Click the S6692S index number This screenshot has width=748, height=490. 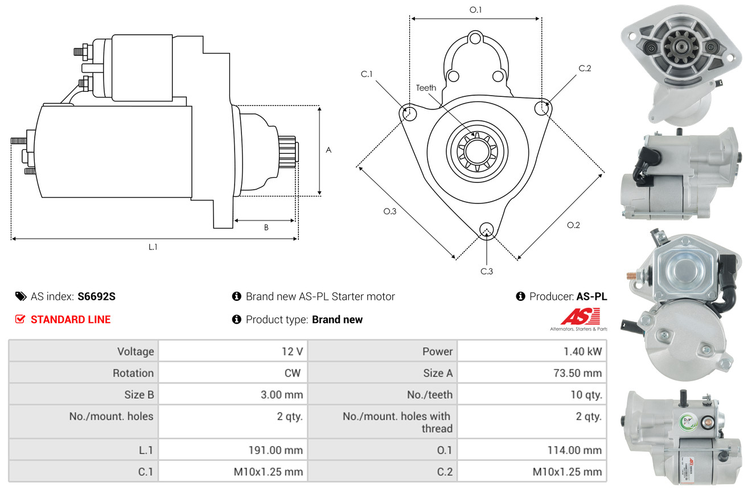coord(96,296)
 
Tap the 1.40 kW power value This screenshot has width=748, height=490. coord(583,352)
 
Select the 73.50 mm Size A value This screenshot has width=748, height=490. coord(578,373)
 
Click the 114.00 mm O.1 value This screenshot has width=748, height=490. coord(574,450)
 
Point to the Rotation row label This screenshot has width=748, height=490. coord(133,373)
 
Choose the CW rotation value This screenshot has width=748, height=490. coord(293,373)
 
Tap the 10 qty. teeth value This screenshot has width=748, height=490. coord(586,395)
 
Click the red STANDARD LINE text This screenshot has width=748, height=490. coord(71,320)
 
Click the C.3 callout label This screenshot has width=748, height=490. coord(487,271)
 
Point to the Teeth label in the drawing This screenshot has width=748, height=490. coord(426,88)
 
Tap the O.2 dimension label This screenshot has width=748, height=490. coord(573,225)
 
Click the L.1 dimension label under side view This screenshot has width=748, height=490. coord(153,247)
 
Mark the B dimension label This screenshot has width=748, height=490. coord(266,227)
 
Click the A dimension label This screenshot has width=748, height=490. coord(328,150)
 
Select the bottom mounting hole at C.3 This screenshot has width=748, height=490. coord(487,230)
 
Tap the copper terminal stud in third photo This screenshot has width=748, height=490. coord(631,276)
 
